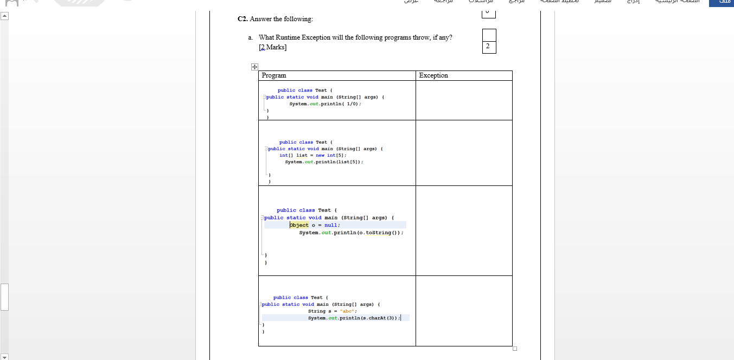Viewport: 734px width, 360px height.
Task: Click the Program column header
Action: (x=274, y=75)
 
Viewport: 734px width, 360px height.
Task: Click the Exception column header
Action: (x=433, y=75)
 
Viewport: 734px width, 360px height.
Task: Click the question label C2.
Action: (x=242, y=19)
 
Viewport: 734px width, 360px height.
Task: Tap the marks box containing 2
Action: (x=488, y=47)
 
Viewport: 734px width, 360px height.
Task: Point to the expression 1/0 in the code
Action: (x=352, y=104)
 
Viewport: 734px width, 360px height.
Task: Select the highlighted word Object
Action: (x=299, y=225)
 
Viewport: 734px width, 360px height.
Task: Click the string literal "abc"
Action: (x=347, y=311)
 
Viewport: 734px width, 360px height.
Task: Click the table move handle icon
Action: (x=254, y=67)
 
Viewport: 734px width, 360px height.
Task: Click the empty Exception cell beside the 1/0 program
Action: (x=464, y=100)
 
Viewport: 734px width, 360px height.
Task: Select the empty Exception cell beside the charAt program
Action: (x=464, y=311)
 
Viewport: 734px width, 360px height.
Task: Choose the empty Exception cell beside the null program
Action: (x=464, y=230)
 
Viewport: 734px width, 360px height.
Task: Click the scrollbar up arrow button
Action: (x=4, y=16)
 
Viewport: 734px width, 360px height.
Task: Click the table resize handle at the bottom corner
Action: (x=515, y=349)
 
